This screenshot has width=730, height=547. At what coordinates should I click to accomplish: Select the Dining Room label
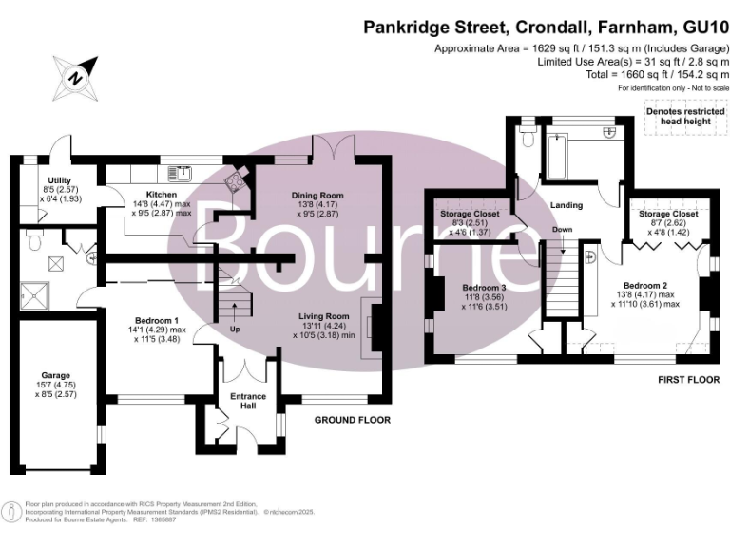click(x=317, y=196)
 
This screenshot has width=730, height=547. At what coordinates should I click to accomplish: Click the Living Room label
click(x=325, y=316)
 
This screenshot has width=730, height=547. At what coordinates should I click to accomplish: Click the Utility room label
click(x=60, y=179)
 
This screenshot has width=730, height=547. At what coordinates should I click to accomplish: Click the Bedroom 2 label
click(x=645, y=285)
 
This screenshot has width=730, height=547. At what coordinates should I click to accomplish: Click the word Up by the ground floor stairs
click(x=234, y=329)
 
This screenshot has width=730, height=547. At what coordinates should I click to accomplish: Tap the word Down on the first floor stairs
click(x=563, y=230)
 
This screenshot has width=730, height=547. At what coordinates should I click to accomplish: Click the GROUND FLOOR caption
click(x=353, y=419)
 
